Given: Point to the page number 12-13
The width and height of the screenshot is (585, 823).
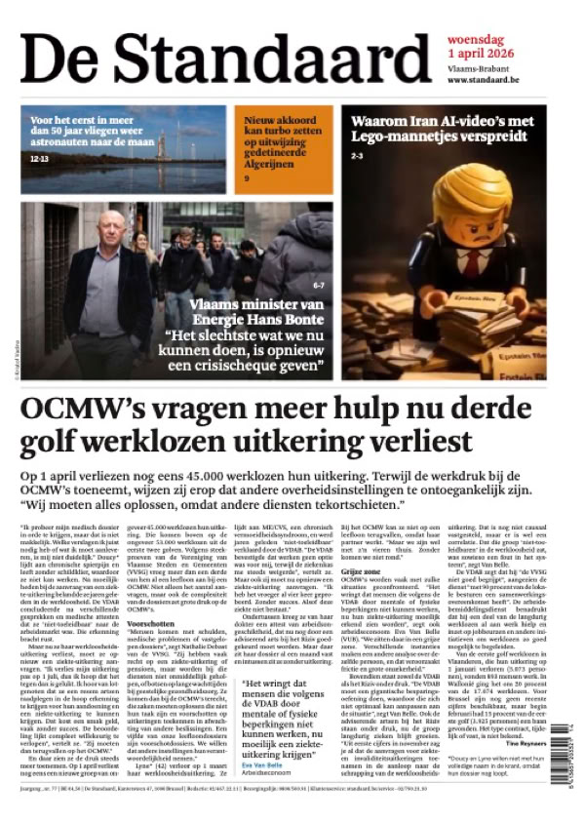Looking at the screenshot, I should pos(39,156).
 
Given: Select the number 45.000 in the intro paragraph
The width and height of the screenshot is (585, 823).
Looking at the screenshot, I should pos(206,472).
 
